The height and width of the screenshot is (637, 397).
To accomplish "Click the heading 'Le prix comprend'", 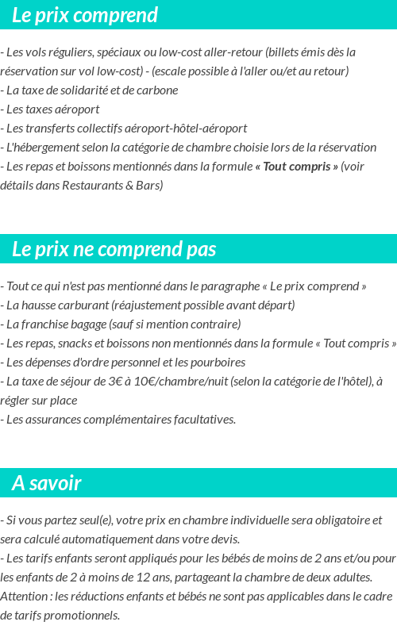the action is point(85,15).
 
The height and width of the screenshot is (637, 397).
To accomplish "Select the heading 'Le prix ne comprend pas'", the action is point(114,249).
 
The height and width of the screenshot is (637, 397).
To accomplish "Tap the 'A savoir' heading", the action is point(47,483).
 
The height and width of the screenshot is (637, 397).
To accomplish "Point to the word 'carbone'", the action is point(158,90).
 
